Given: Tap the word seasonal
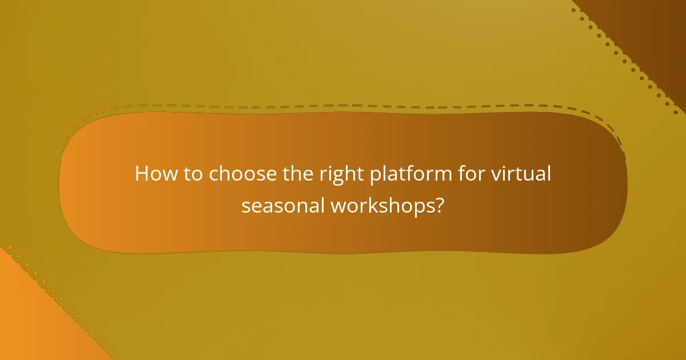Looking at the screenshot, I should click(283, 206).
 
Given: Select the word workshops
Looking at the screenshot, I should click(383, 206).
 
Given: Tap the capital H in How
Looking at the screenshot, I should click(141, 174).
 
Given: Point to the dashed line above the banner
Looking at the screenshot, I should click(343, 106).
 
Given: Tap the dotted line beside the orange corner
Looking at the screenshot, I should click(57, 297).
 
